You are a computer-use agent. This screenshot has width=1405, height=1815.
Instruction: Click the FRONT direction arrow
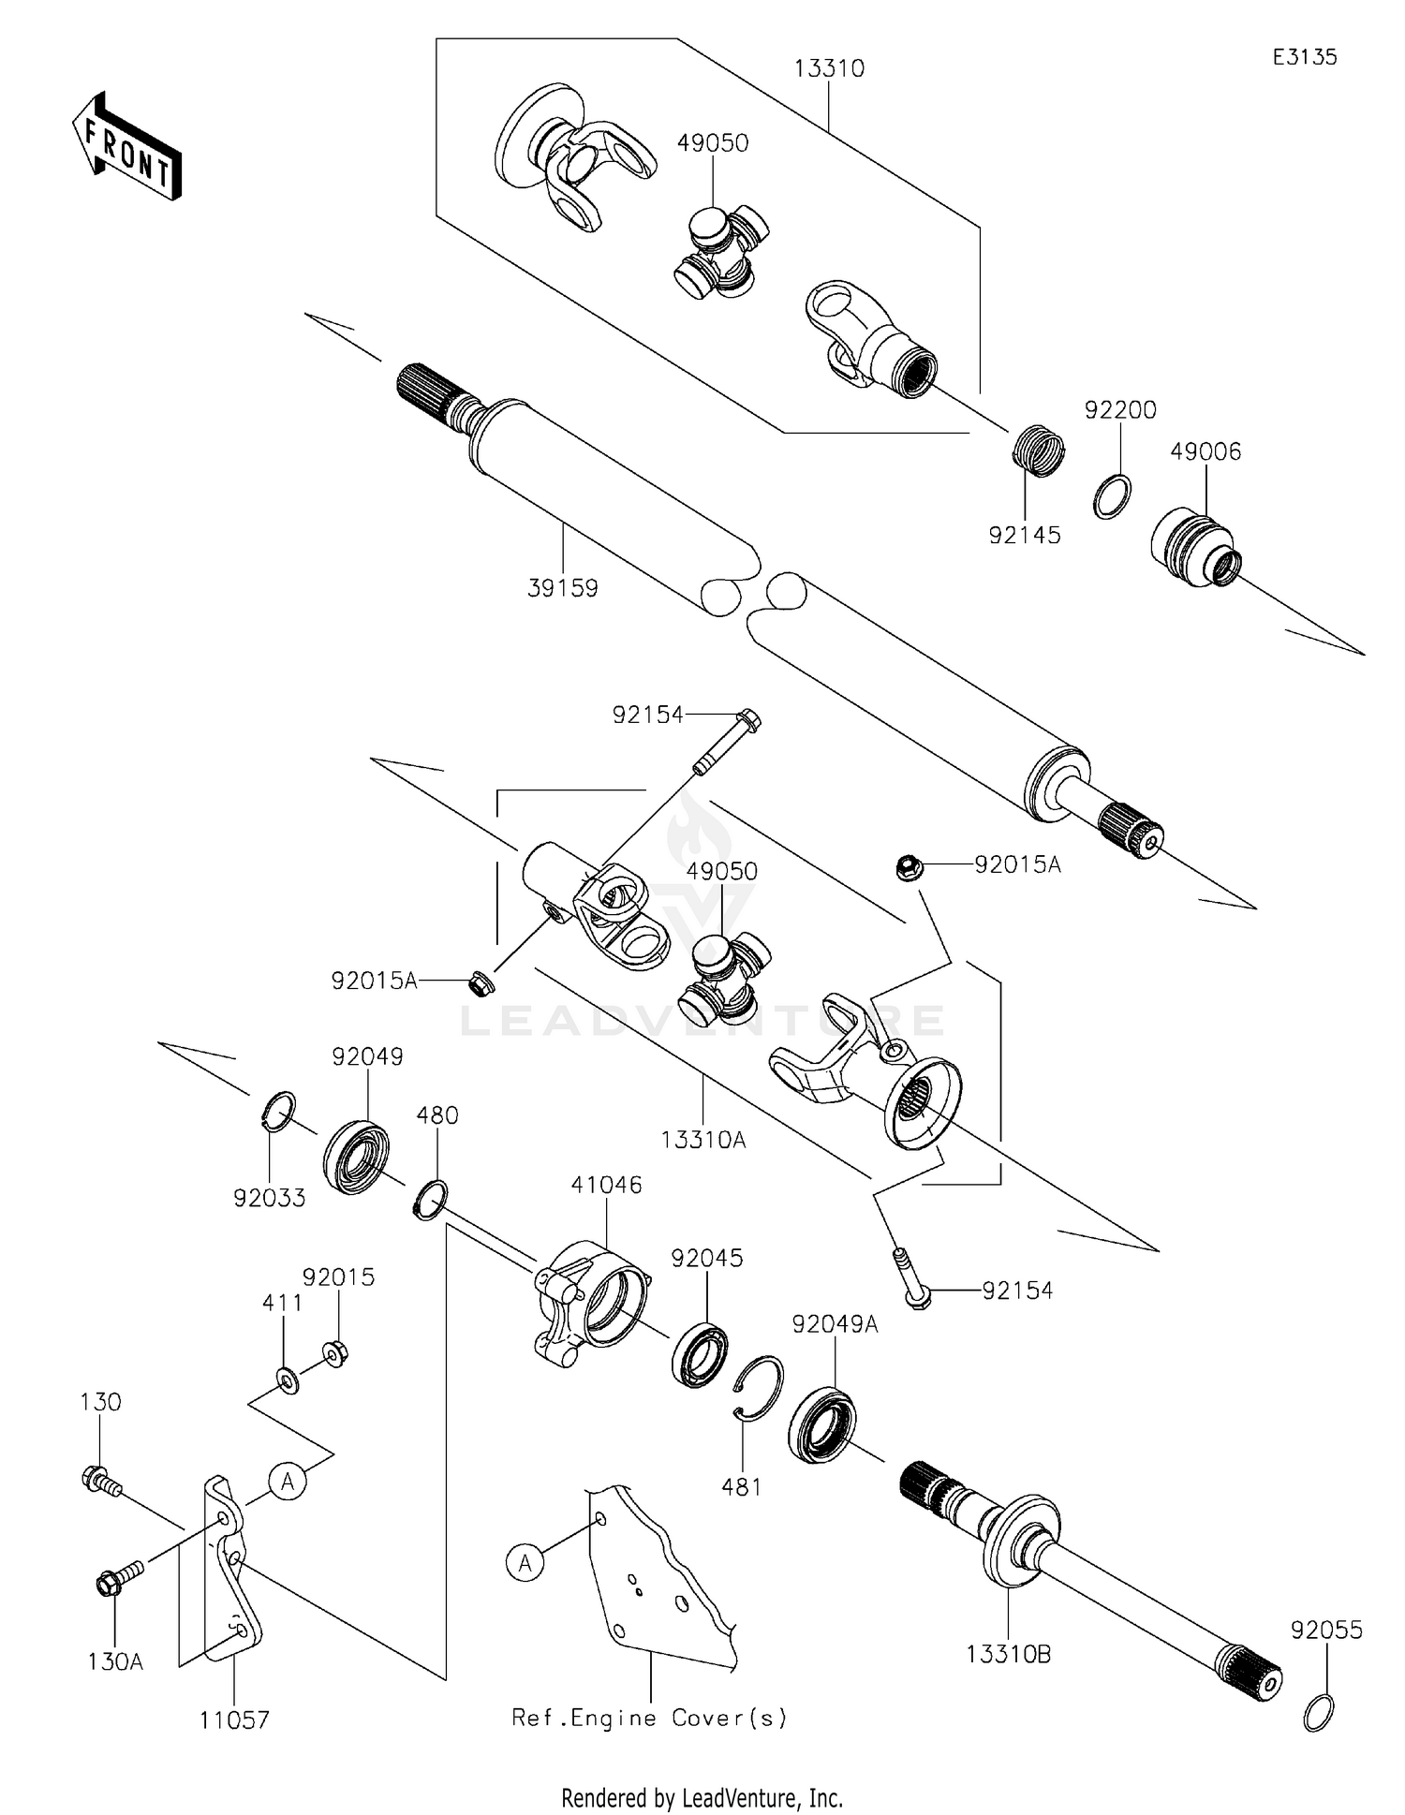point(126,148)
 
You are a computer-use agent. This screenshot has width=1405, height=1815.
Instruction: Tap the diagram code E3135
point(1304,57)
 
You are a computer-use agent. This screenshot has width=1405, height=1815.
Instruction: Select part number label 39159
point(562,588)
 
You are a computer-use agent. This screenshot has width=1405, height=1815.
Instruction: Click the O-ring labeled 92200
point(1112,495)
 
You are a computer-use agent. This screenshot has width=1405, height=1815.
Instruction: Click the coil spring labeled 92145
point(1040,450)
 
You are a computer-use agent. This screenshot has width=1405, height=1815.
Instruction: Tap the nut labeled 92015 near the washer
point(335,1353)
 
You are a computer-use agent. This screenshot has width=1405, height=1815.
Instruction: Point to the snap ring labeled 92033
point(277,1111)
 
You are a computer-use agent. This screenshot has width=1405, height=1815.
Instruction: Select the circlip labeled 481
point(757,1388)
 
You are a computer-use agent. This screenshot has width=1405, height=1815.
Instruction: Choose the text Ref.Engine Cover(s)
point(649,1718)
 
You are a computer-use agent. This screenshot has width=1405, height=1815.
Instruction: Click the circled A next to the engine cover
point(525,1562)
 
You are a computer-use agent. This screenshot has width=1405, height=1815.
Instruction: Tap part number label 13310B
point(1008,1655)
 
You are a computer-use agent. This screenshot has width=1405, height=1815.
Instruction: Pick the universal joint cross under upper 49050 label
point(721,250)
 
